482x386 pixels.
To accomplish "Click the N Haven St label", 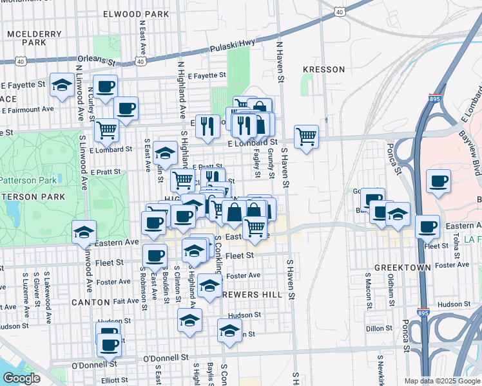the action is pyautogui.click(x=280, y=63).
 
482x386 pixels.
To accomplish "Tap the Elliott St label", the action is pyautogui.click(x=114, y=380).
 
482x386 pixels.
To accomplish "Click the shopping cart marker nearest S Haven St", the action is pyautogui.click(x=306, y=136).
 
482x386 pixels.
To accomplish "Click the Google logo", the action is pyautogui.click(x=21, y=378).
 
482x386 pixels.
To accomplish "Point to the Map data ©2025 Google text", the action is pyautogui.click(x=441, y=381).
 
